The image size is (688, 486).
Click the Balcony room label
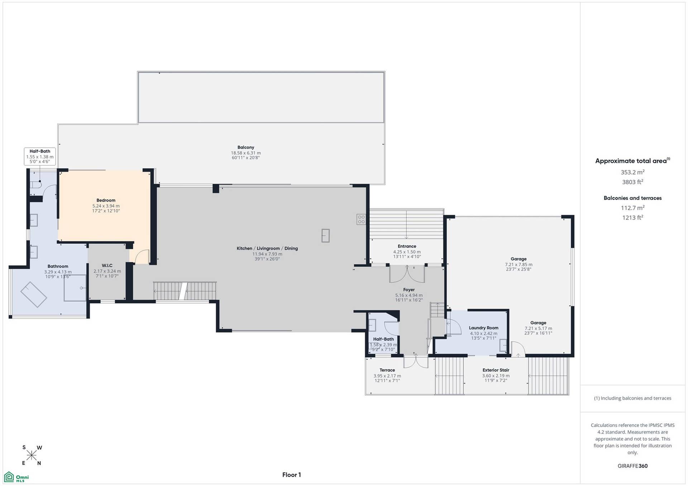tap(246, 147)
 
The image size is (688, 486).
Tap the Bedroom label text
tap(106, 200)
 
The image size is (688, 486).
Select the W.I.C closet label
tap(107, 266)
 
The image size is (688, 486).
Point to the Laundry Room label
tap(483, 328)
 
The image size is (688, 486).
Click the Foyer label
tap(409, 290)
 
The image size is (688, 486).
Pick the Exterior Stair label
tap(496, 370)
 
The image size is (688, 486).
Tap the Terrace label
tap(387, 370)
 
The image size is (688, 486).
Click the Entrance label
tap(407, 246)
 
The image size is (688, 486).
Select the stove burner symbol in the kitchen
tap(361, 219)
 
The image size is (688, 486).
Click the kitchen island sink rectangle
tap(325, 235)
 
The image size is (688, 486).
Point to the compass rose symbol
tap(32, 455)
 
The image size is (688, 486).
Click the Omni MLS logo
tap(16, 477)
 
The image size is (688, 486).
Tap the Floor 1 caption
tap(292, 475)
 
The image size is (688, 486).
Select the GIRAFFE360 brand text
tap(632, 466)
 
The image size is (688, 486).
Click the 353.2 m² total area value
tap(632, 172)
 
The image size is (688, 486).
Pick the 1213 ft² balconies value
tap(632, 218)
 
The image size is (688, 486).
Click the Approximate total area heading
tap(632, 161)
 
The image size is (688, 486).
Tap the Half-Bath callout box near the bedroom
tap(40, 156)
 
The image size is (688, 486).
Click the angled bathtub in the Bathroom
tap(34, 295)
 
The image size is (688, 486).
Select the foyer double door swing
tap(407, 274)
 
